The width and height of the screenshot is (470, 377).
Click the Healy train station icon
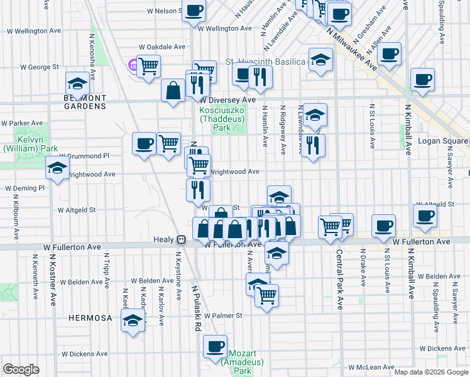pos(180,239)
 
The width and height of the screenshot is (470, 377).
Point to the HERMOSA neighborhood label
pos(91,318)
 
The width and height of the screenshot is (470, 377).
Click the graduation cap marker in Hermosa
pos(133,321)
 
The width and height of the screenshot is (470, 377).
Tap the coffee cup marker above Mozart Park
pos(215,346)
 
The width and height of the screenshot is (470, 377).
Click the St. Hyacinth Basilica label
pos(265,62)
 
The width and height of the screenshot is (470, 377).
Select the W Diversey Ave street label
pos(227,100)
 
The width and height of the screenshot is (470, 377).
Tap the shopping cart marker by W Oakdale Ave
pos(149,65)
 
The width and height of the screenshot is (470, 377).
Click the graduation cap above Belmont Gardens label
pos(77,84)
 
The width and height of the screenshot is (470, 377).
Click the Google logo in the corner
pos(21,369)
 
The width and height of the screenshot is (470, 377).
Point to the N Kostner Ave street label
pos(54,276)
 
